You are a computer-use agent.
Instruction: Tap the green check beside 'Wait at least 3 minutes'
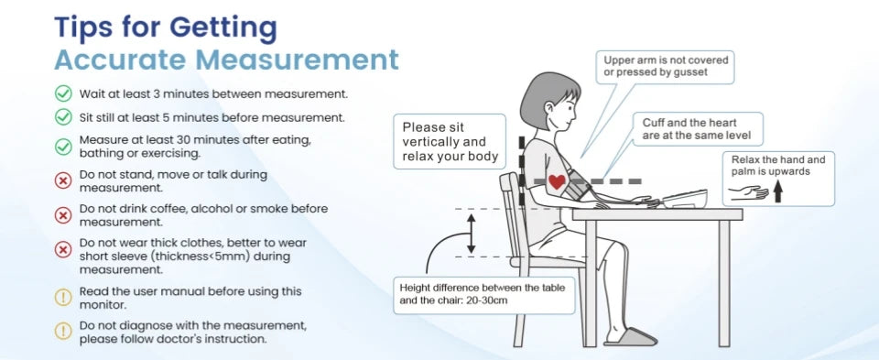[x=63, y=93]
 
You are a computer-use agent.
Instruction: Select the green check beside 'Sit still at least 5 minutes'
[x=63, y=117]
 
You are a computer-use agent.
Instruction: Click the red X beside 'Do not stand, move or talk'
[x=63, y=180]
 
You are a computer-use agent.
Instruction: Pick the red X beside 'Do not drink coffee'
[x=63, y=215]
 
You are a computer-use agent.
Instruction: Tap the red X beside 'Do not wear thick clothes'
[x=63, y=249]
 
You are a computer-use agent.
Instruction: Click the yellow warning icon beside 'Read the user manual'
[x=63, y=297]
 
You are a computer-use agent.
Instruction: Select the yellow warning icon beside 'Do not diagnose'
[x=63, y=331]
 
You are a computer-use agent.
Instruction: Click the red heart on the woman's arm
[x=557, y=181]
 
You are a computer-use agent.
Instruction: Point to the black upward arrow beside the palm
[x=778, y=191]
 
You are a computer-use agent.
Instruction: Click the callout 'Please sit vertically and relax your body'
[x=450, y=142]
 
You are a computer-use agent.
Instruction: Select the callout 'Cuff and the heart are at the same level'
[x=696, y=129]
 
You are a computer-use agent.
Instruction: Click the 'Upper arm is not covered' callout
[x=666, y=66]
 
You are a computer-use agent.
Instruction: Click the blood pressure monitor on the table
[x=683, y=198]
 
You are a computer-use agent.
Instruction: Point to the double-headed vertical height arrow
[x=472, y=234]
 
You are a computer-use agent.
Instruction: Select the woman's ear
[x=550, y=107]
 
